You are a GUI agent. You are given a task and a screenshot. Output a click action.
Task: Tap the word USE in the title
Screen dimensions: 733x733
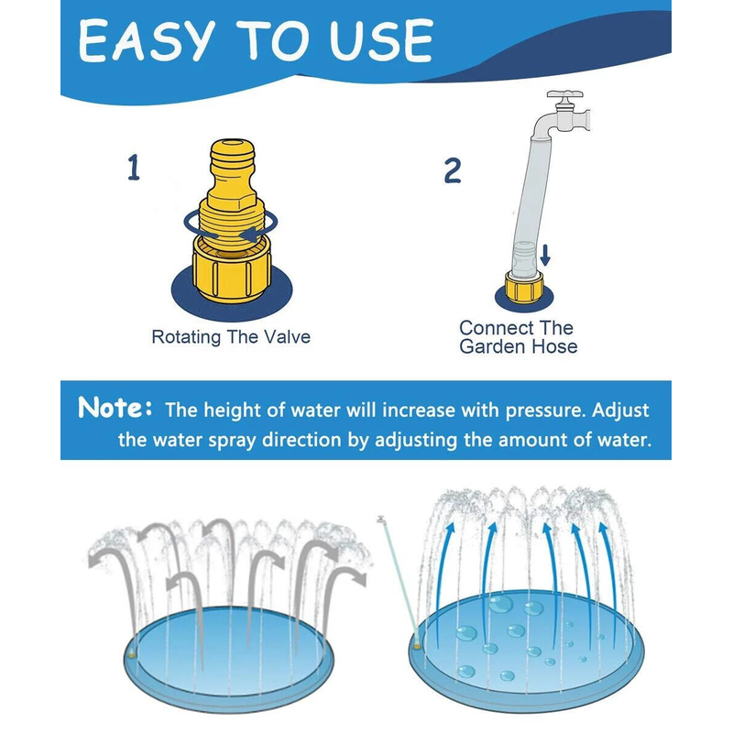pos(381,40)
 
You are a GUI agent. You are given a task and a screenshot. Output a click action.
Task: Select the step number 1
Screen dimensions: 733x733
pos(134,168)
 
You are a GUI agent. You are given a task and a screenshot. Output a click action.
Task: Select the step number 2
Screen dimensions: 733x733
pos(452,170)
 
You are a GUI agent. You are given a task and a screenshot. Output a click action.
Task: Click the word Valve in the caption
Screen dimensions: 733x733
pos(287,337)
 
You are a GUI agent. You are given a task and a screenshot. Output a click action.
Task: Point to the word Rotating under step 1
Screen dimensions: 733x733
pos(186,338)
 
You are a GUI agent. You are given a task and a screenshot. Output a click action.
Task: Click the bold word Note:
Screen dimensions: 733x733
pos(115,408)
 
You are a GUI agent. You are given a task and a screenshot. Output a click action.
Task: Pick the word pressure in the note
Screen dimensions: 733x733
pos(545,410)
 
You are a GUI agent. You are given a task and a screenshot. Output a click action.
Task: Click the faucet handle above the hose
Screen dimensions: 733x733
pos(564,95)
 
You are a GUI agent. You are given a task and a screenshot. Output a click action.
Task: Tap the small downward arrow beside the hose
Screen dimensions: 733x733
pos(545,255)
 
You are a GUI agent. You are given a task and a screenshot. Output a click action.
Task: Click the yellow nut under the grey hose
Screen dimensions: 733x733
pos(524,286)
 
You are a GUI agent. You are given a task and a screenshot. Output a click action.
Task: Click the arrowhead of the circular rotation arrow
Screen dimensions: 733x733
pos(246,234)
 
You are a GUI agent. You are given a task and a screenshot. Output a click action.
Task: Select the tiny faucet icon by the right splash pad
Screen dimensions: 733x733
pos(381,520)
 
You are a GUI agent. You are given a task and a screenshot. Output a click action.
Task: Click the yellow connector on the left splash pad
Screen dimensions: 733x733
pos(132,655)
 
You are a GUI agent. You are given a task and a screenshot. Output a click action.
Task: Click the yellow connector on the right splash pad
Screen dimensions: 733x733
pos(417,647)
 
